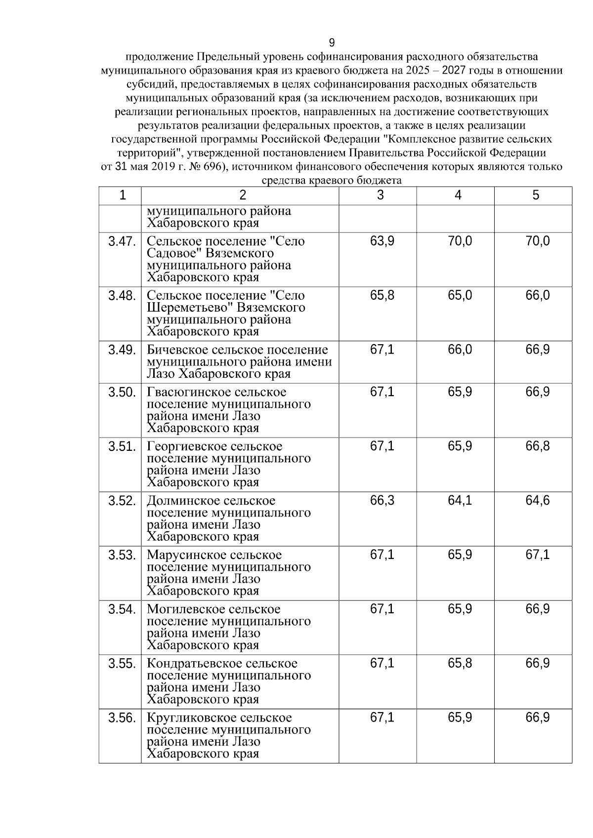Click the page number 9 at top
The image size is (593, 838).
(x=332, y=42)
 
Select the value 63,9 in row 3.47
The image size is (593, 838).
(x=382, y=241)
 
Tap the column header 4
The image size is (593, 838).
(x=458, y=196)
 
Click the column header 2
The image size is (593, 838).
(x=242, y=196)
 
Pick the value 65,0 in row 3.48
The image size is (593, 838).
(x=460, y=296)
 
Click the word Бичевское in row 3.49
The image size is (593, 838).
(x=177, y=350)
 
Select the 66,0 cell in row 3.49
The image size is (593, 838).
(x=460, y=350)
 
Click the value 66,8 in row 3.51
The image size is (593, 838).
(x=537, y=446)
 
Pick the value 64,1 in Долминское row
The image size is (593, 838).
(x=460, y=501)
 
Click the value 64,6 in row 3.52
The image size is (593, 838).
(x=537, y=501)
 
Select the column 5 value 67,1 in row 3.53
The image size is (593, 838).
(x=537, y=555)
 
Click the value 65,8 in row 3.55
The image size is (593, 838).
(x=460, y=663)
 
